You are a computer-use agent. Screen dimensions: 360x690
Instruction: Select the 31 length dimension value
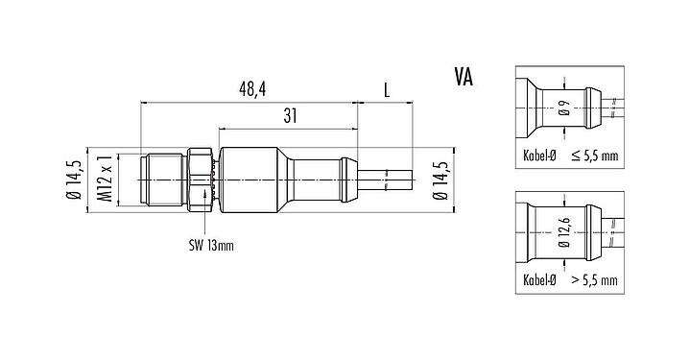click(289, 114)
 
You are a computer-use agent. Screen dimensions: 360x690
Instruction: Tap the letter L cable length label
click(387, 89)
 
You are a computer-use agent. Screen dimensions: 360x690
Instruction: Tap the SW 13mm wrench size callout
click(211, 244)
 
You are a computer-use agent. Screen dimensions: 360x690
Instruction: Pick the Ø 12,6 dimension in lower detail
click(563, 235)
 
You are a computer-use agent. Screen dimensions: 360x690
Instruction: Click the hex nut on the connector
click(202, 179)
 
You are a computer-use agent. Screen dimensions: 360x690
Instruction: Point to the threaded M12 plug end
click(163, 179)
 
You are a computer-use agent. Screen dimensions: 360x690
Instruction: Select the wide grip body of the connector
click(248, 179)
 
